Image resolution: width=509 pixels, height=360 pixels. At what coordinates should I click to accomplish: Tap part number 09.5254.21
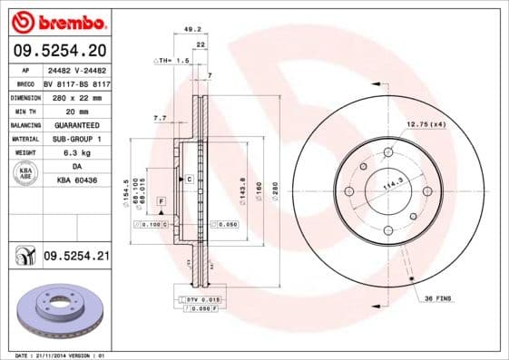click(75, 258)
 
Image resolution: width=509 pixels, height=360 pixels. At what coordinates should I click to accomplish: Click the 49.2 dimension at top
click(192, 29)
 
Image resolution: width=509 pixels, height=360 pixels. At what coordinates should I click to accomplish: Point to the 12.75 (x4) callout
click(426, 123)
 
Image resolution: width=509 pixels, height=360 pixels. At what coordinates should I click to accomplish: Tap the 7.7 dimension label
click(160, 118)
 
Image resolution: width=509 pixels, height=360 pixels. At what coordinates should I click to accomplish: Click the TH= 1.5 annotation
click(172, 60)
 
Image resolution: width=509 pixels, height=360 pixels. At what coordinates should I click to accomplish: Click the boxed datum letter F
click(161, 199)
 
